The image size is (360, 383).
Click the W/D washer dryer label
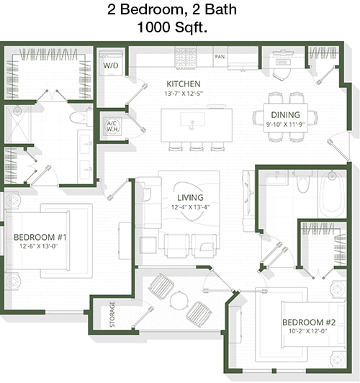[x=110, y=66]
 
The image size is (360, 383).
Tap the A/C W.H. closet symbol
[x=112, y=126]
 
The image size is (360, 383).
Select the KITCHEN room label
[x=184, y=84]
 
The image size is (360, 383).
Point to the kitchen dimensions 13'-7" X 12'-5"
[x=184, y=94]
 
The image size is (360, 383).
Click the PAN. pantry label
[x=220, y=57]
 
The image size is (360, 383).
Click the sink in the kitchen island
[x=192, y=120]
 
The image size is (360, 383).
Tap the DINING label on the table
[x=285, y=114]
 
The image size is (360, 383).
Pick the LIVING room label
[x=190, y=197]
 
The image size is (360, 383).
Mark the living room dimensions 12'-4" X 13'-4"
[x=190, y=207]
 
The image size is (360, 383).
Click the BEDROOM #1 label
[x=40, y=237]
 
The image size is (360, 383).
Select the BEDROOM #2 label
[x=309, y=323]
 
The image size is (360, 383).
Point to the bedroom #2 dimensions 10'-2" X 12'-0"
[x=307, y=331]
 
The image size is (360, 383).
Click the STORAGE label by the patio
[x=112, y=315]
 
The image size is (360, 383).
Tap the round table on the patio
[x=179, y=300]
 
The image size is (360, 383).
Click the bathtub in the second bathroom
[x=332, y=194]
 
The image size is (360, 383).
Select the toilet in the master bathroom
[x=79, y=117]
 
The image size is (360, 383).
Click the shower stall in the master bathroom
[x=18, y=125]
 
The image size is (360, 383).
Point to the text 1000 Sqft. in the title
[x=172, y=27]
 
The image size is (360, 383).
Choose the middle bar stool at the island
[x=197, y=147]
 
